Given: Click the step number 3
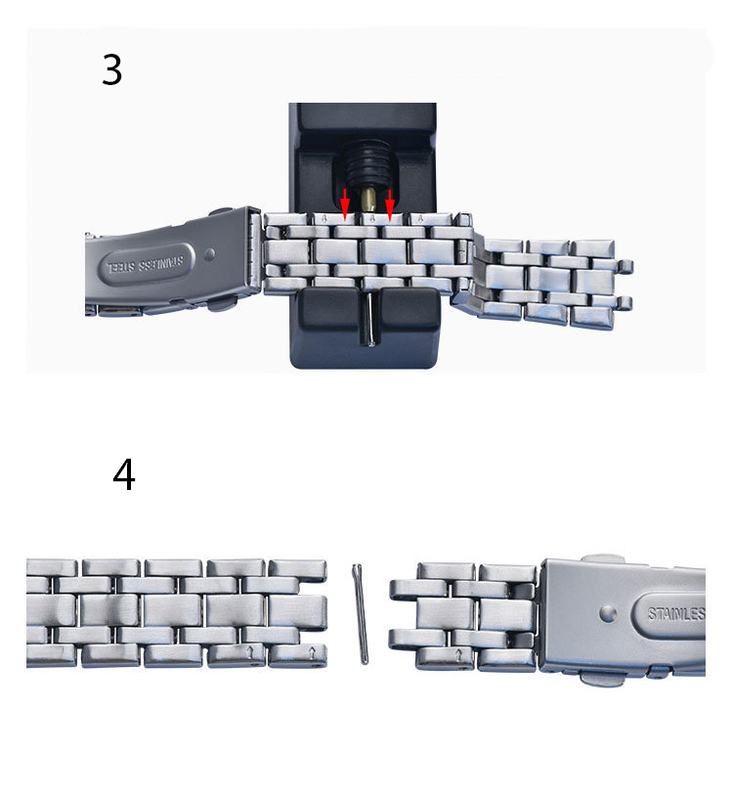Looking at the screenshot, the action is [x=111, y=69].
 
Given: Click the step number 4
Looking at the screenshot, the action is [x=124, y=474].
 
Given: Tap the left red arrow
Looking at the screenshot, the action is [x=345, y=204].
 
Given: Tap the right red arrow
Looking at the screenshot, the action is [x=390, y=205].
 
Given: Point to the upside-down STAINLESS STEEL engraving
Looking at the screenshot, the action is [x=145, y=265].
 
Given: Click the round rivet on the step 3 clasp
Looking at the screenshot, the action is [x=209, y=254].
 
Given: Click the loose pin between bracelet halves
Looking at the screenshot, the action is [x=360, y=613].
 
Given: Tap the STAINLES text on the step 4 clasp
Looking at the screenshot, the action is [x=676, y=613].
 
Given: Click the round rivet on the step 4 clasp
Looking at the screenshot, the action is [x=608, y=613].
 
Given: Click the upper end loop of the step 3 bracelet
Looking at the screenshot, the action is [x=625, y=267].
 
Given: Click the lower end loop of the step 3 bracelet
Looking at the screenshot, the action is [x=624, y=303].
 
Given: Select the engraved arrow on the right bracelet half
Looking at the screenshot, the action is [x=458, y=654].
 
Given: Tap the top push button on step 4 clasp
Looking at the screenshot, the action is [x=603, y=559].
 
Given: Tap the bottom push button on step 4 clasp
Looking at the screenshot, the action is [x=603, y=679].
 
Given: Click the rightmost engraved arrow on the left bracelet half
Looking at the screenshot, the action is [x=313, y=653].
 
